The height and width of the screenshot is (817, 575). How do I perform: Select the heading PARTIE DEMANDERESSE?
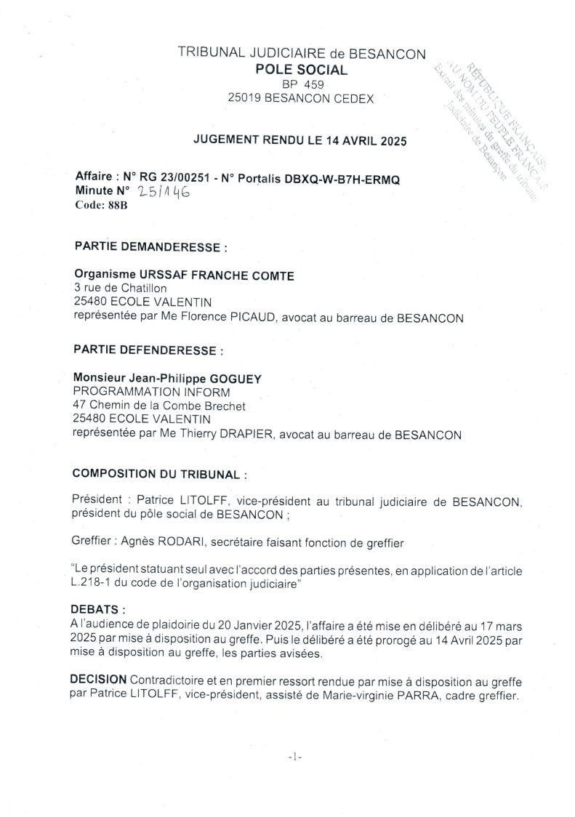pos(150,247)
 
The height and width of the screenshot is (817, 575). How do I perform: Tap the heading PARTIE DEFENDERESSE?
pos(148,350)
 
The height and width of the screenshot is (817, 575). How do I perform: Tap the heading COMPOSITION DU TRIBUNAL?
pos(159,475)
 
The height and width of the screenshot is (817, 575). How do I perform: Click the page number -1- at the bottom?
pos(294,757)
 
